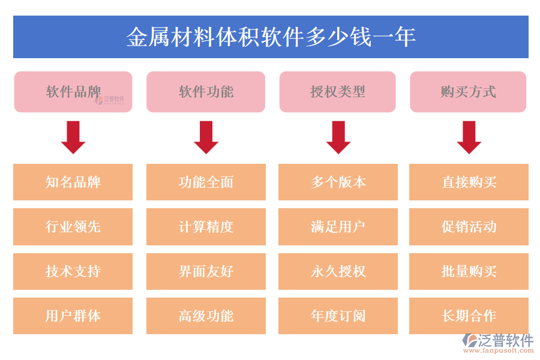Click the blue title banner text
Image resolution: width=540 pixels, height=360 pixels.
pyautogui.click(x=271, y=37)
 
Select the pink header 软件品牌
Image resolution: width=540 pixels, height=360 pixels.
pyautogui.click(x=73, y=92)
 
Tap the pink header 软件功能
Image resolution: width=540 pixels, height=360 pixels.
pyautogui.click(x=206, y=92)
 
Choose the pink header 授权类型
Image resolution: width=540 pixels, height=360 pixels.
pyautogui.click(x=337, y=92)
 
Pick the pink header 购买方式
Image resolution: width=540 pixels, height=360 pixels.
pyautogui.click(x=468, y=92)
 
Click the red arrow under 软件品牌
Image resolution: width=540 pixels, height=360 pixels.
pyautogui.click(x=73, y=137)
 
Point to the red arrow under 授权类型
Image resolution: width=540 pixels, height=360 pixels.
pyautogui.click(x=338, y=137)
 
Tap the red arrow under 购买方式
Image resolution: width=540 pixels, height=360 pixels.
pyautogui.click(x=469, y=137)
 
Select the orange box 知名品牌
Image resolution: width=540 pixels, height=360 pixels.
pyautogui.click(x=73, y=182)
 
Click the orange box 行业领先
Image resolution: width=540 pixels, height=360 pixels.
pyautogui.click(x=73, y=227)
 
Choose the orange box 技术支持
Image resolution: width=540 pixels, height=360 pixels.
pyautogui.click(x=73, y=271)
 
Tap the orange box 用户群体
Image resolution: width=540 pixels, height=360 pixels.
pyautogui.click(x=73, y=316)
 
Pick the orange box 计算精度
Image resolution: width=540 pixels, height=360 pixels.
pyautogui.click(x=206, y=227)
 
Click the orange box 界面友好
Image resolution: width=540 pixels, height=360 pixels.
pyautogui.click(x=206, y=271)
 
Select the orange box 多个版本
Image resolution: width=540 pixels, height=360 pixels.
pyautogui.click(x=338, y=182)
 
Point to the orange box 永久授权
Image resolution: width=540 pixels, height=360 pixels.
pyautogui.click(x=338, y=271)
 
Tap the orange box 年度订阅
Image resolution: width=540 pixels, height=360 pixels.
pyautogui.click(x=338, y=316)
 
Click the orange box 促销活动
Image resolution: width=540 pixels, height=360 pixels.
pyautogui.click(x=469, y=227)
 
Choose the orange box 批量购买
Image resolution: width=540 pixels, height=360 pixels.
pyautogui.click(x=469, y=271)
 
